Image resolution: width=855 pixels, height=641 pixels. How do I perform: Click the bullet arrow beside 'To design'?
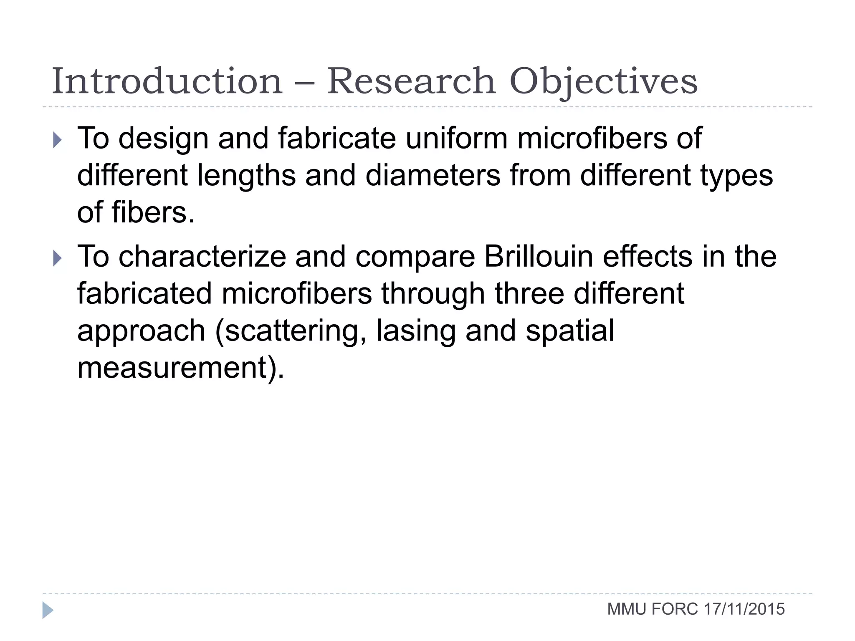58,140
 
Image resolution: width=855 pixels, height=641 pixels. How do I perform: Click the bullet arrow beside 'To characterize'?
58,259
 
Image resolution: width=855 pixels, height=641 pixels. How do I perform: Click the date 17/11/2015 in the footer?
744,609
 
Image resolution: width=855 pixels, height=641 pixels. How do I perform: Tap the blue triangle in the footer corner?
48,610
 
